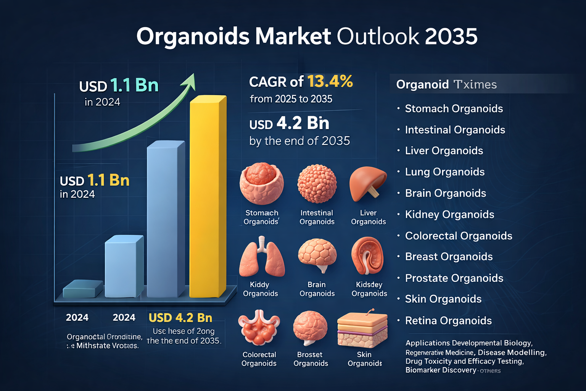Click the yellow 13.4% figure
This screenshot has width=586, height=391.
[330, 81]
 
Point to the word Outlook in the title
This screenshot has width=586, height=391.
[378, 37]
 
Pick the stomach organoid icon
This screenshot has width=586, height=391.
[262, 183]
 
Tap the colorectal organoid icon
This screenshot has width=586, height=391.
[259, 328]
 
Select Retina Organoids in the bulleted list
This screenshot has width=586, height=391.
[448, 321]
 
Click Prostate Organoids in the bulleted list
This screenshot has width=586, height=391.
[454, 278]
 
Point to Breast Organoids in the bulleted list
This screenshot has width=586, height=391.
[449, 257]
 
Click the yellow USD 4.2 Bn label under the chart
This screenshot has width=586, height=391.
[180, 318]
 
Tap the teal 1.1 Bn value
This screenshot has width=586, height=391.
[134, 86]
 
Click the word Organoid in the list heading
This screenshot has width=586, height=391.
[422, 84]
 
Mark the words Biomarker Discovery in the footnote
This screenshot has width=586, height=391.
[441, 370]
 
